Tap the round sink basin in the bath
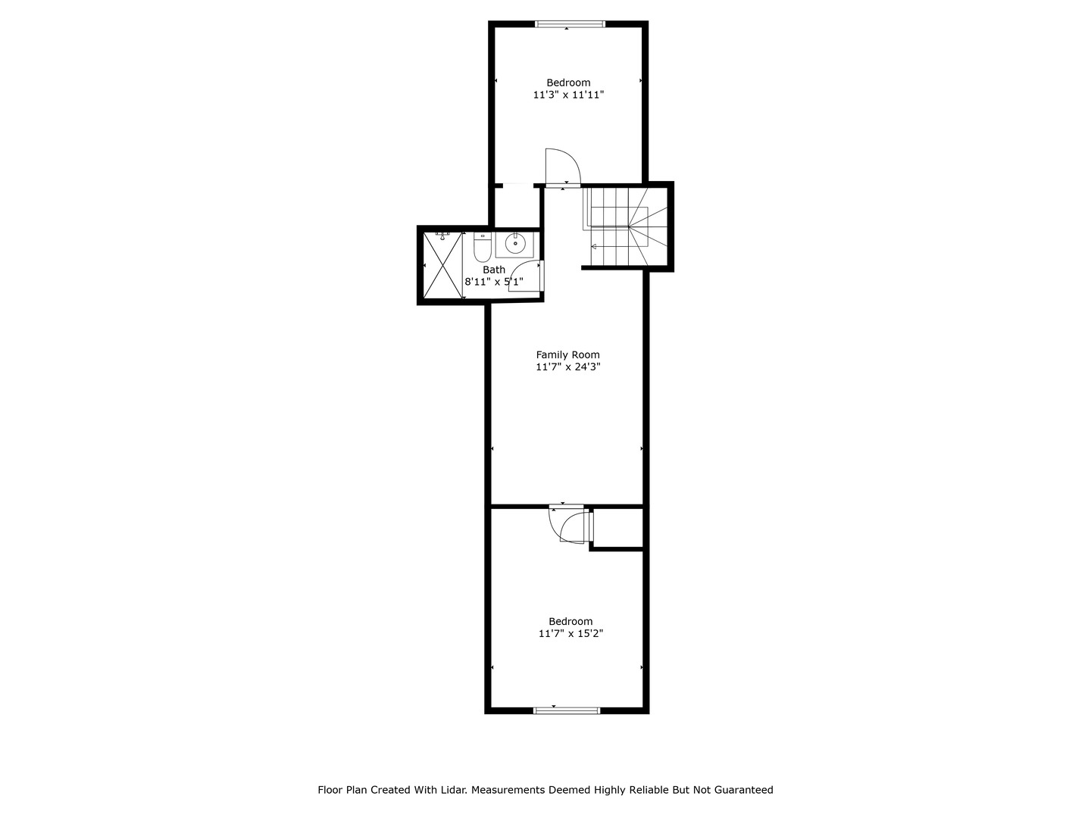tap(515, 244)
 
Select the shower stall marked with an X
tap(442, 266)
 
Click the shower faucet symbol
tap(443, 234)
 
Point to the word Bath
tap(494, 270)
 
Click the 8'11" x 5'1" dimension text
tap(494, 282)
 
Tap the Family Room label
tap(567, 354)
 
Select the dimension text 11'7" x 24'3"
tap(567, 367)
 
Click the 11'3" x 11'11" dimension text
tap(568, 95)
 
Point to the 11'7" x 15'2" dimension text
tap(571, 633)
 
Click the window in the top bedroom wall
tap(571, 24)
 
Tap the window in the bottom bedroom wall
tap(567, 710)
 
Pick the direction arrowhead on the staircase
tap(594, 247)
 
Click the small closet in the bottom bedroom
tap(617, 526)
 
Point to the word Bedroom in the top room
tap(568, 83)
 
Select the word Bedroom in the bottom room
tap(571, 621)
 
